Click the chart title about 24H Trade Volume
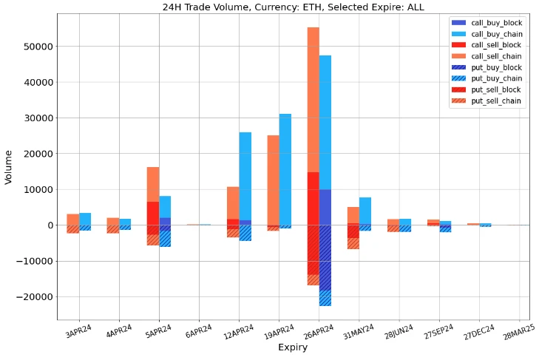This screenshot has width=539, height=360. (294, 7)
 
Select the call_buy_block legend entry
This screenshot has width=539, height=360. (496, 24)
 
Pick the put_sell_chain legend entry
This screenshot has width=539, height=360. (496, 101)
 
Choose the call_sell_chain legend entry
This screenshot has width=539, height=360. (496, 57)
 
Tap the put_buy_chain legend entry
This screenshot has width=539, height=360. (496, 78)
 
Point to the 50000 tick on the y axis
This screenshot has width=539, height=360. (35, 46)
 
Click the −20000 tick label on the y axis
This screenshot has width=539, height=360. (33, 297)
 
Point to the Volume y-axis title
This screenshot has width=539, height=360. (9, 167)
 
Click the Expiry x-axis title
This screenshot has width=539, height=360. (294, 347)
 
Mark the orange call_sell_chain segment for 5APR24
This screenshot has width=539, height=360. (153, 184)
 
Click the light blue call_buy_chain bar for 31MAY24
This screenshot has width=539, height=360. (365, 211)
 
